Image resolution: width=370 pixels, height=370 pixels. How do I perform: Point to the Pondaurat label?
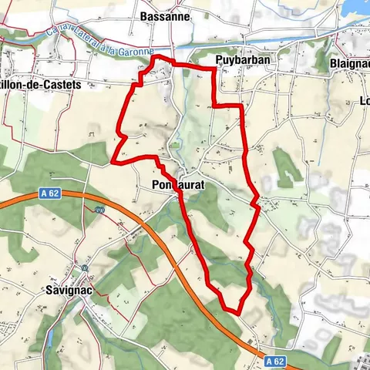tap(178, 185)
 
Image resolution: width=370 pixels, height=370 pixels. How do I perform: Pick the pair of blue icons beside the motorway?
tap(99, 210)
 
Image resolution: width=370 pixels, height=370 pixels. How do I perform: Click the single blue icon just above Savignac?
tap(85, 268)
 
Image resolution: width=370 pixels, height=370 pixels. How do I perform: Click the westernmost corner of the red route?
tap(113, 162)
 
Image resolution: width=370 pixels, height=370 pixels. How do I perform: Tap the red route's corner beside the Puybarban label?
tap(213, 69)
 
